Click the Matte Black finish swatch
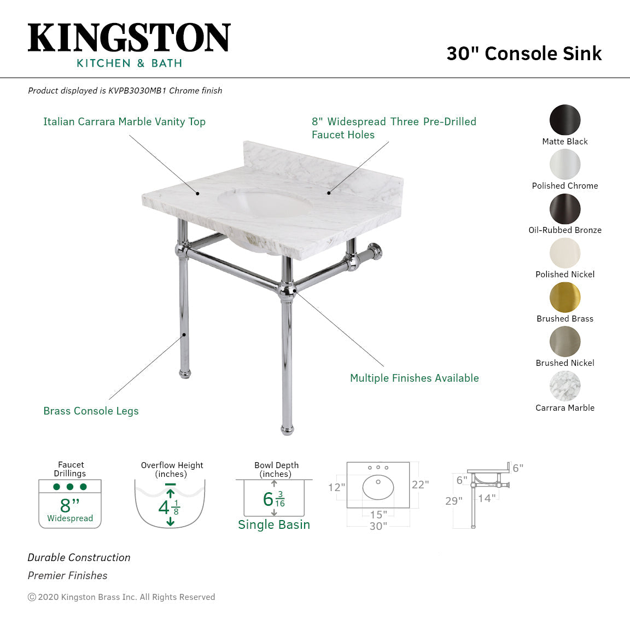(x=565, y=120)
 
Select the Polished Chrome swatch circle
(x=565, y=164)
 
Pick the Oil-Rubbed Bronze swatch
(x=565, y=209)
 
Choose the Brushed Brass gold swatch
(x=565, y=297)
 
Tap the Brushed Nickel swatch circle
(x=565, y=342)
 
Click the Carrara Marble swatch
(x=565, y=386)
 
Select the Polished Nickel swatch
(x=565, y=253)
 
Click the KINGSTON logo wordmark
(x=129, y=38)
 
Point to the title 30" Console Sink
(x=524, y=54)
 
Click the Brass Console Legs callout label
(x=91, y=411)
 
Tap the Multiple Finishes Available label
(x=414, y=378)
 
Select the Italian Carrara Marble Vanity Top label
(x=124, y=122)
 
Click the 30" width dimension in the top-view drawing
(x=378, y=526)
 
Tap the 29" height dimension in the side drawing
(x=453, y=501)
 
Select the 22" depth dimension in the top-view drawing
(x=420, y=485)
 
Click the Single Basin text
(x=274, y=525)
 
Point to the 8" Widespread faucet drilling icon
(x=70, y=504)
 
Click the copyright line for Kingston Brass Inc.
(x=121, y=597)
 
